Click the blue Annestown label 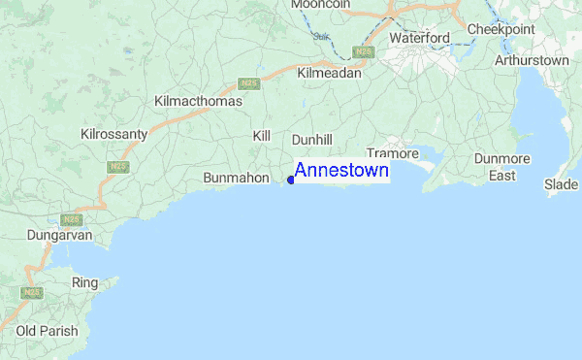pos(341,171)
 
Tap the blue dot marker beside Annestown pos(291,180)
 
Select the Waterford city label pos(419,38)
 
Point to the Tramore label pos(392,153)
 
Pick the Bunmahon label pos(236,179)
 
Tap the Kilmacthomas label pos(198,101)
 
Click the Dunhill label pos(311,140)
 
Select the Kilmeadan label pos(329,73)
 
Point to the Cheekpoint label pos(501,30)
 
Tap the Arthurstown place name pos(532,60)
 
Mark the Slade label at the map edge pos(561,183)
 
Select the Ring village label pos(85,282)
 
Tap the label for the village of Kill pos(261,137)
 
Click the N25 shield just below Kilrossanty pos(117,166)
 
